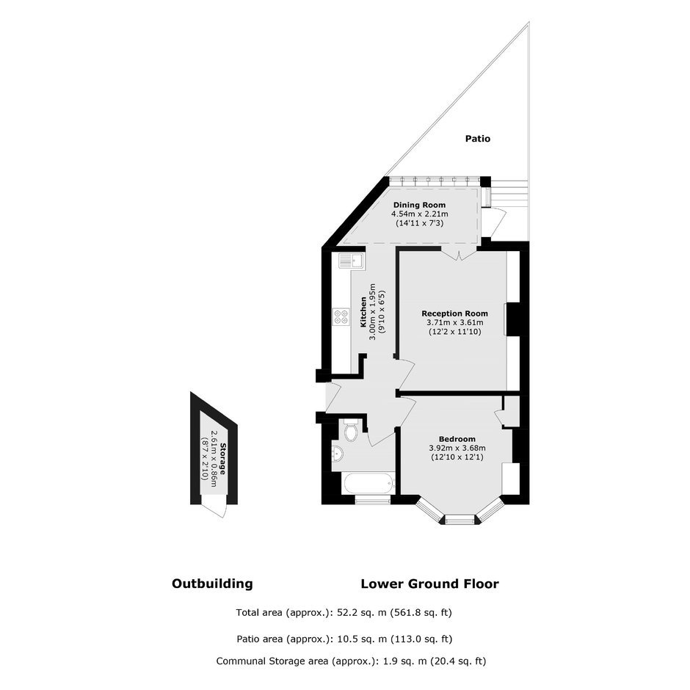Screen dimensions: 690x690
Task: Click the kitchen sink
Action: tap(351, 261)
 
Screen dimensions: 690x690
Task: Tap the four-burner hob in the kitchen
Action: tap(341, 317)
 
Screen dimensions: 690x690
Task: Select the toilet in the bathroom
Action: tap(351, 431)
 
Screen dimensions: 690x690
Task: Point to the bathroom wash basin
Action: tap(338, 453)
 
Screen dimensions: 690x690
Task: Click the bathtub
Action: tap(368, 483)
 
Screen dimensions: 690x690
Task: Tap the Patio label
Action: tap(478, 139)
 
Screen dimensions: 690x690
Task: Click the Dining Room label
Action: tap(419, 205)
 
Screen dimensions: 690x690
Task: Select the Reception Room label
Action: tap(454, 313)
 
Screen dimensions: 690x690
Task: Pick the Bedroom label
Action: tap(457, 439)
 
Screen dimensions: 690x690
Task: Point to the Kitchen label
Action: tap(363, 312)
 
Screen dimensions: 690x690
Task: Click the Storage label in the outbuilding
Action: tap(222, 459)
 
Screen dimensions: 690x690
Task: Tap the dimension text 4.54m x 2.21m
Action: tap(420, 214)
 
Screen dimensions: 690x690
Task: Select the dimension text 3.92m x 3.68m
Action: tap(457, 448)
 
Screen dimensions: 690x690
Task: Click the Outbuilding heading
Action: tap(212, 584)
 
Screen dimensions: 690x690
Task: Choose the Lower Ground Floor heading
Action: tap(430, 584)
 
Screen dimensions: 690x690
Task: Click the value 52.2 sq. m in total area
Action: tap(362, 612)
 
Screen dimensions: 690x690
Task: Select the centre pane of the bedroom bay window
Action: tap(460, 520)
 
